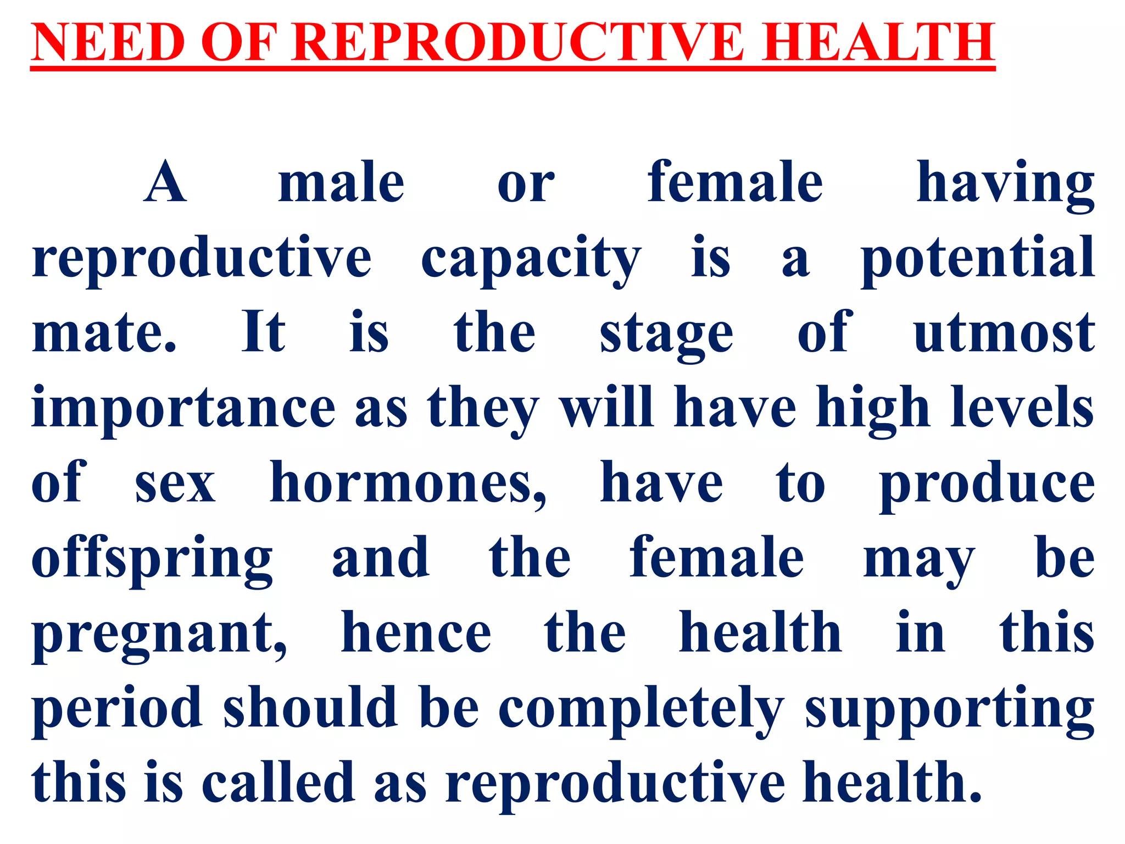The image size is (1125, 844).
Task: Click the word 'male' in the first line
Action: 341,182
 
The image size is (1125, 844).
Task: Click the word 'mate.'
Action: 104,333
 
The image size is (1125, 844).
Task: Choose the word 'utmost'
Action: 1004,333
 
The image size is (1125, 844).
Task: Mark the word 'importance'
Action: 183,409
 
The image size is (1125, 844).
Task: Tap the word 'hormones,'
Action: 408,484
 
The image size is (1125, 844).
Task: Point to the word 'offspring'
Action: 152,559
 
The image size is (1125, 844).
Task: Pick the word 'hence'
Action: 416,634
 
